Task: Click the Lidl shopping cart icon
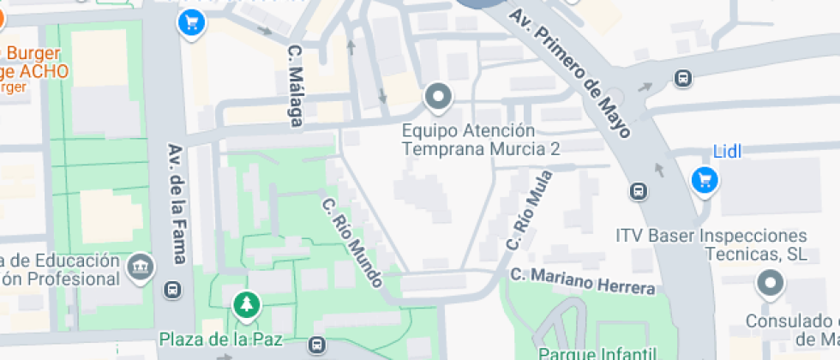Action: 705,180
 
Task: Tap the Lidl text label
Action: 727,152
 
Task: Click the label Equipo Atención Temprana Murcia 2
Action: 483,140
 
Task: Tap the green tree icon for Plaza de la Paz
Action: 247,303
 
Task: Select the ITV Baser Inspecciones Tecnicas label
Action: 711,244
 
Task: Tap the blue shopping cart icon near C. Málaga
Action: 191,21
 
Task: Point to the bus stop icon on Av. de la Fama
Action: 174,290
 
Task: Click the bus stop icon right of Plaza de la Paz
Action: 318,345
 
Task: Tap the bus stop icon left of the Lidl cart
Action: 639,190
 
